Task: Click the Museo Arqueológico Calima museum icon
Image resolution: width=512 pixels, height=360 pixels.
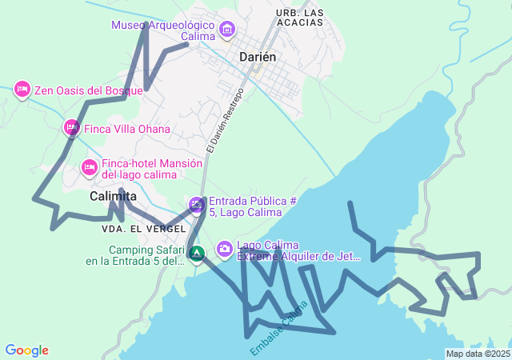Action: point(226,30)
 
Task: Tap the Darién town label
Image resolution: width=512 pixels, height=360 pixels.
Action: point(258,57)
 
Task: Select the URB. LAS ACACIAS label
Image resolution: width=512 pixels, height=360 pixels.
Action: point(300,18)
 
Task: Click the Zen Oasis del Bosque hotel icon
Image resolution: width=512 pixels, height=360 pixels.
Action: point(22,88)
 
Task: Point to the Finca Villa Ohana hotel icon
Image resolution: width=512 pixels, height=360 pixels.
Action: point(71,127)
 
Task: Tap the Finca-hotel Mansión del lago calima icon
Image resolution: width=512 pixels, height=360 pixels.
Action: point(89,166)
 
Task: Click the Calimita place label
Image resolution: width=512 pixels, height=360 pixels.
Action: point(113,196)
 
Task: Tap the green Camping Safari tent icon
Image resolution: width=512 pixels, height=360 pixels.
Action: point(197,254)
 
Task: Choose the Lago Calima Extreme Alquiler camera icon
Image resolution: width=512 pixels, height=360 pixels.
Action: point(225,249)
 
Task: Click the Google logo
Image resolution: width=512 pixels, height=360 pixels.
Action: point(26,350)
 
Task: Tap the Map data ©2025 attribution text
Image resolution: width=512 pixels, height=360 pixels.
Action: point(478,354)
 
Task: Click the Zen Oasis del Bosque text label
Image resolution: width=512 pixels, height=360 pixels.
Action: point(88,90)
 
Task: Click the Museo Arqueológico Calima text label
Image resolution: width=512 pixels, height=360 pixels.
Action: point(164,30)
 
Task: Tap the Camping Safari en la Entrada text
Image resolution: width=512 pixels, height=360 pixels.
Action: point(136,255)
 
